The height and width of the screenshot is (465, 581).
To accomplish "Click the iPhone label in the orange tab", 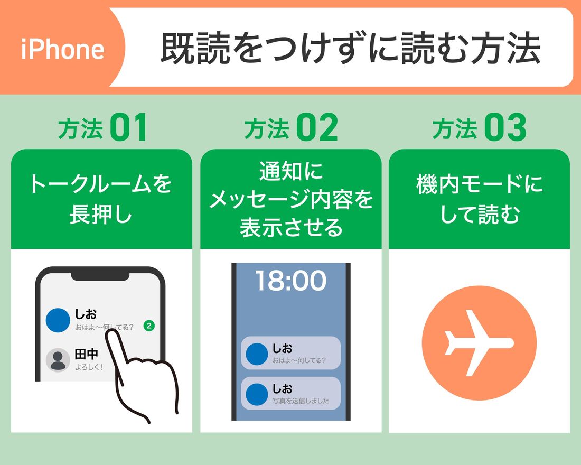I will pos(63,49).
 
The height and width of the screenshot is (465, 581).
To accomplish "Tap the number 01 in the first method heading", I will pos(128,128).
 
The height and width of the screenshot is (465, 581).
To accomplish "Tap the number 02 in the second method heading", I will pos(316,128).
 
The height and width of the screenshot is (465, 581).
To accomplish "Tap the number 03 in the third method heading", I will pos(505,128).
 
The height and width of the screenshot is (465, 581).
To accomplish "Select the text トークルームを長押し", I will pos(101,199).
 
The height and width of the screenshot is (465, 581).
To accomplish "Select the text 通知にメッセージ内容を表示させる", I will pos(290,199).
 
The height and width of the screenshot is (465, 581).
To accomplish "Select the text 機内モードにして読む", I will pos(479,199).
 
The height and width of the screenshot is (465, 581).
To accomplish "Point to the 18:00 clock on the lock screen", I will pos(291,281).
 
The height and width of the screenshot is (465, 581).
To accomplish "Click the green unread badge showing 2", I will pos(149,326).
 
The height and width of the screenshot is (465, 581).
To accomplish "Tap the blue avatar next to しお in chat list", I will pos(58,320).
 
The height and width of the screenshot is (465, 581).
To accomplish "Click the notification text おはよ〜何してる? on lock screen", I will pos(299,361).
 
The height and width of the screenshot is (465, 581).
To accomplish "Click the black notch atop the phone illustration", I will pos(100,275).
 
